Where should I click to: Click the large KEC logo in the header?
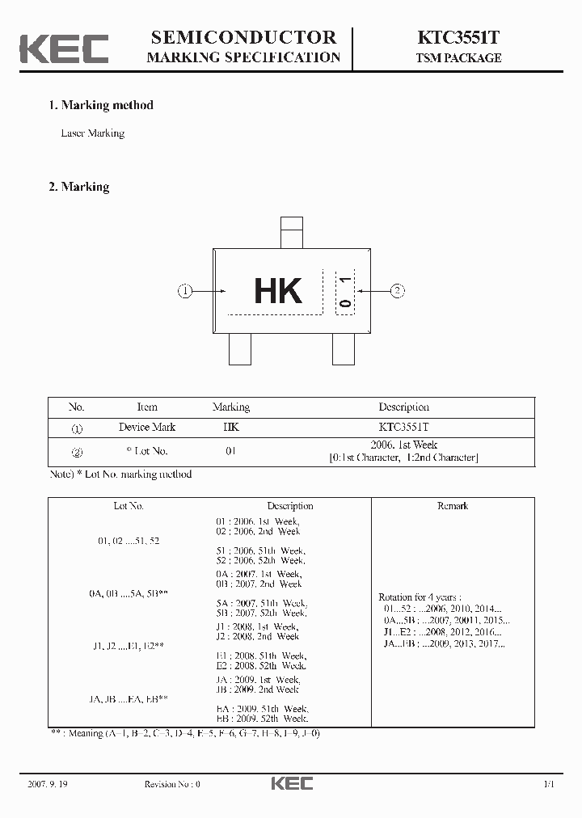64,48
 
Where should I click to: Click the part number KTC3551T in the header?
458,37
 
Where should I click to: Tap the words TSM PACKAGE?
458,58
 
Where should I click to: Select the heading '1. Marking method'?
100,105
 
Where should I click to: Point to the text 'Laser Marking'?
93,133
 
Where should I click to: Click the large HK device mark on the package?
278,291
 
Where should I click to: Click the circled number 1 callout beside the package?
185,291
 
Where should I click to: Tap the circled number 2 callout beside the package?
397,291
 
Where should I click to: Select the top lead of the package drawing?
291,232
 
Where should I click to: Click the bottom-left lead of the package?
240,348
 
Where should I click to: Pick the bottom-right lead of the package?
344,348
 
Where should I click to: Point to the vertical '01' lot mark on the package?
345,292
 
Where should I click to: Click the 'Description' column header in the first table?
403,407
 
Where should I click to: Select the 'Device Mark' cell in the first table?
147,427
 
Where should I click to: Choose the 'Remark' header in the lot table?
452,506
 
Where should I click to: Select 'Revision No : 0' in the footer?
172,784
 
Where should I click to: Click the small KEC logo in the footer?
291,783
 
